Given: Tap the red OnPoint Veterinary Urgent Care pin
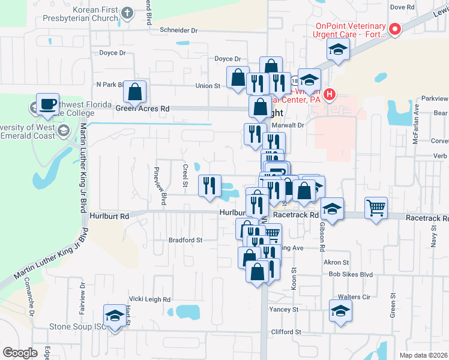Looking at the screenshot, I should [395, 29].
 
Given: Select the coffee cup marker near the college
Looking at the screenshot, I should [47, 104].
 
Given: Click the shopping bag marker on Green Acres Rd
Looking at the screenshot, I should [135, 92].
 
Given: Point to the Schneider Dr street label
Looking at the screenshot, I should [178, 30].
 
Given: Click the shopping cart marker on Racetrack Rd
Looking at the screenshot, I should [376, 208].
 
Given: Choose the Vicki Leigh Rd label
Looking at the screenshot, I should [150, 299].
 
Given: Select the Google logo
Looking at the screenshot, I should [20, 353].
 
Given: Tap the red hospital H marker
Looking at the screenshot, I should [329, 94].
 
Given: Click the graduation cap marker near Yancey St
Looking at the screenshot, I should [340, 311].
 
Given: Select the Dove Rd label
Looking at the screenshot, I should [402, 7].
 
